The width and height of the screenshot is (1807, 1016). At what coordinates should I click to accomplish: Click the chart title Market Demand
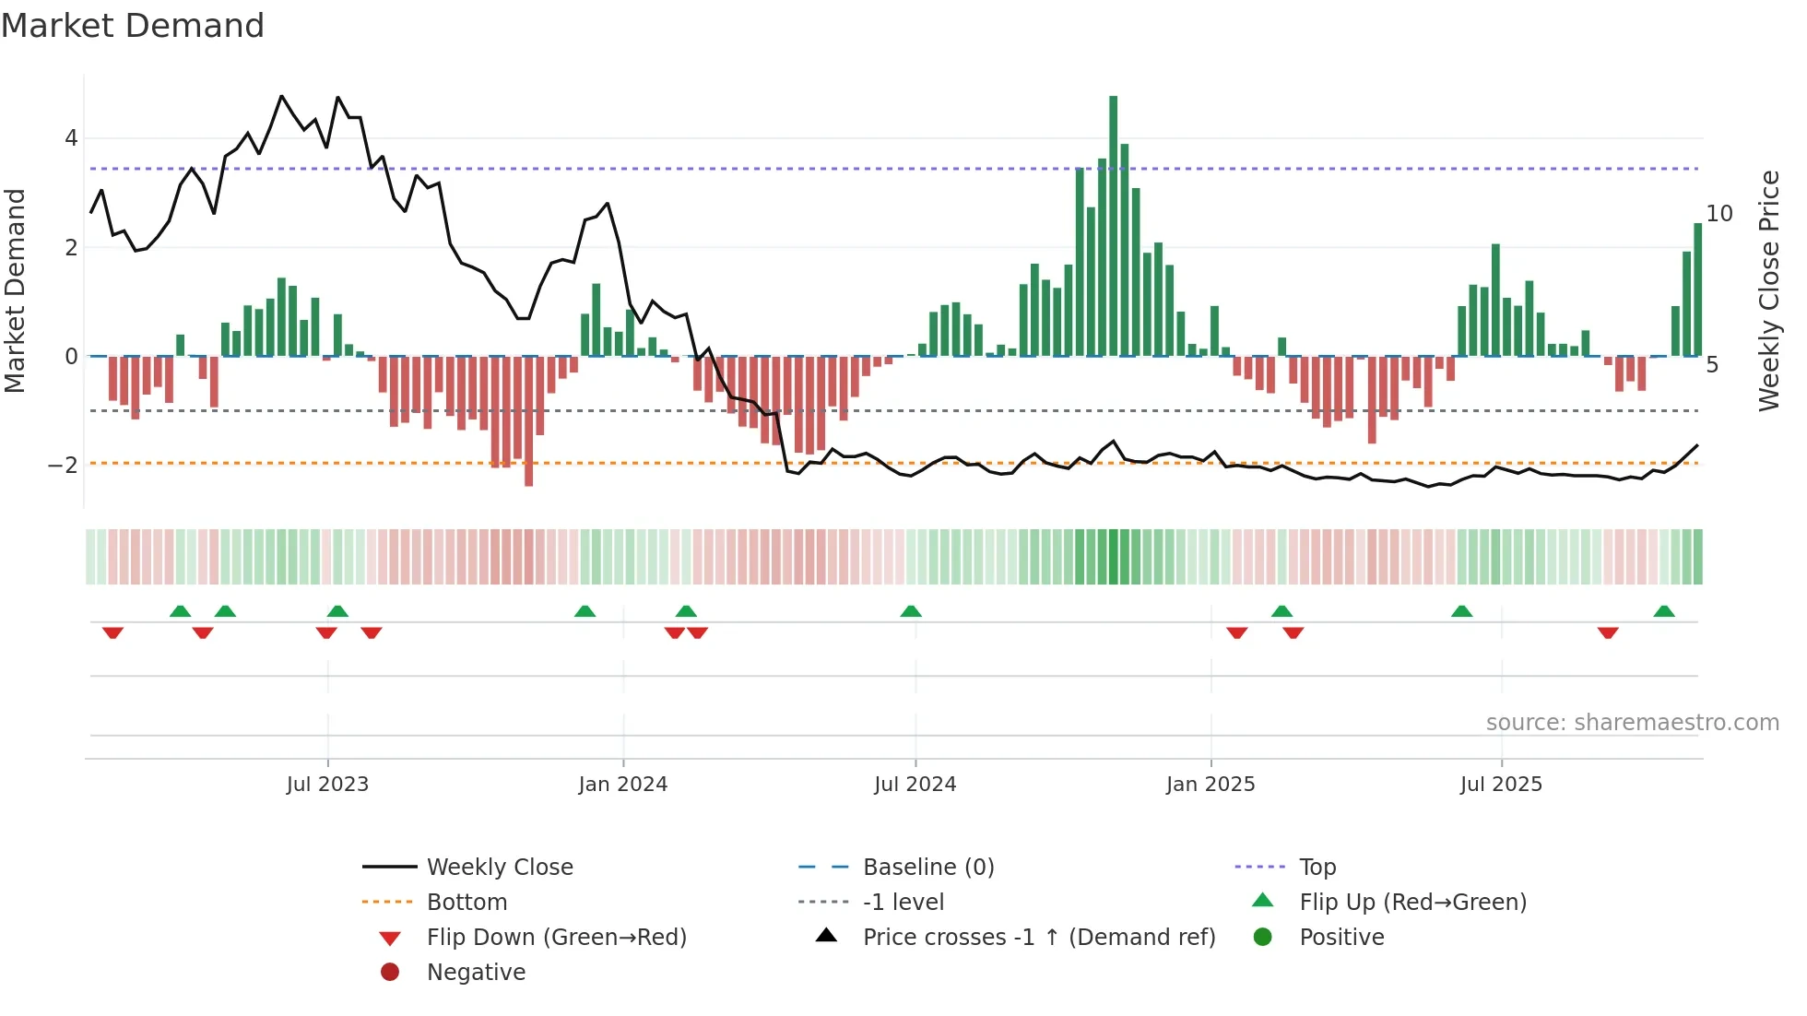click(x=133, y=26)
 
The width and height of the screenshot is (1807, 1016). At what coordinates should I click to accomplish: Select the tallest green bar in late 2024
click(x=1113, y=226)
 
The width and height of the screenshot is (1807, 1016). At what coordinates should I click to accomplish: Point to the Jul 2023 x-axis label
click(x=327, y=785)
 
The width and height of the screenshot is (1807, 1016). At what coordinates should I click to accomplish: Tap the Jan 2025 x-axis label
click(x=1210, y=785)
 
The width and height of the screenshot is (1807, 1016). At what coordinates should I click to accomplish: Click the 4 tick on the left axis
click(x=71, y=138)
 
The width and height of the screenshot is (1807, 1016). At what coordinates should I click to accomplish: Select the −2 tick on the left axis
click(x=64, y=465)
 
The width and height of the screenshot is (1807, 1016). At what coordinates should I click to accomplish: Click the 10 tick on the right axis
click(x=1718, y=214)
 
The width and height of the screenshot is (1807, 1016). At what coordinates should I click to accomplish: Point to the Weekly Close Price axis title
click(x=1768, y=290)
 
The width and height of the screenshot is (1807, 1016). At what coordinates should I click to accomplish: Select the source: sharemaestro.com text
click(x=1632, y=723)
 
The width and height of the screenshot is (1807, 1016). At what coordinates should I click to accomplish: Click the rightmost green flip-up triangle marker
click(x=1664, y=611)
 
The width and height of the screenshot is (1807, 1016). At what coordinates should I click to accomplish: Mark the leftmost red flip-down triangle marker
click(x=112, y=632)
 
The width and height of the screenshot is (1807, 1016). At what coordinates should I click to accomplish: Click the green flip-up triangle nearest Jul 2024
click(x=911, y=611)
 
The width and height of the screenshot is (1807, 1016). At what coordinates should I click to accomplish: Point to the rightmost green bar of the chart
click(x=1697, y=289)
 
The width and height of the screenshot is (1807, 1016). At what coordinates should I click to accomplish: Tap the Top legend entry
click(x=1317, y=868)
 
